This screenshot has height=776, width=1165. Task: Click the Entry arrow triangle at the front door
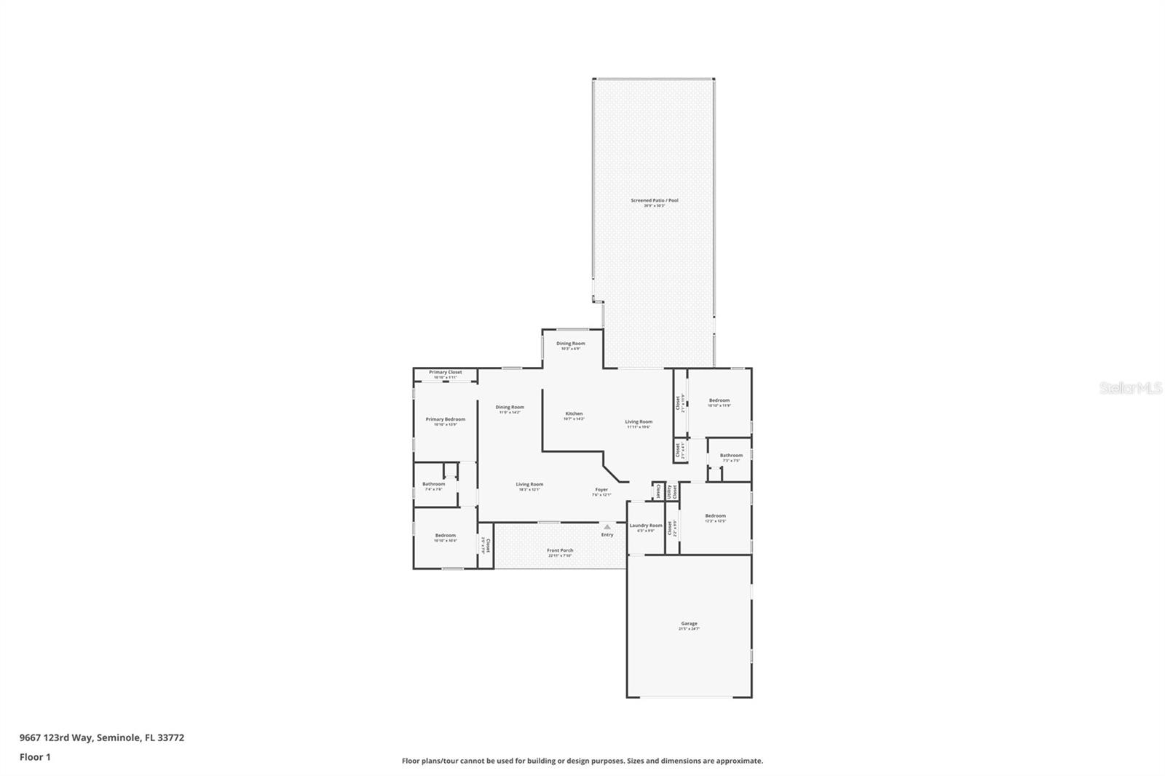607,526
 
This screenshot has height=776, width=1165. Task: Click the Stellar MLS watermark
1130,388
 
